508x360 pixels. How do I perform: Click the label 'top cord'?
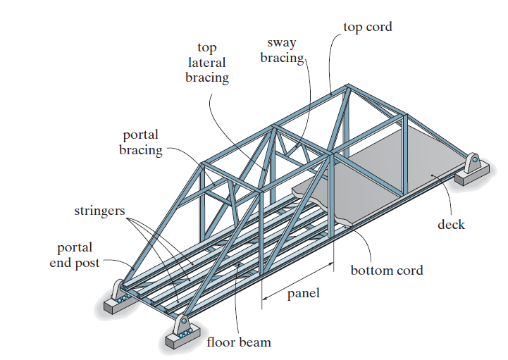(367, 27)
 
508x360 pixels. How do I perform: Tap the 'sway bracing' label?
(281, 51)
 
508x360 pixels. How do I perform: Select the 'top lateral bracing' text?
(207, 63)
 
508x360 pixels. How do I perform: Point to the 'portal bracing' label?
(140, 142)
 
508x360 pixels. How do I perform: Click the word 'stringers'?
(100, 211)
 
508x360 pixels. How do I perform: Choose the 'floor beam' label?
(238, 342)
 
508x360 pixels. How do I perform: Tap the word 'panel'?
(303, 293)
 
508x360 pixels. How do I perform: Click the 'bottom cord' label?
(387, 270)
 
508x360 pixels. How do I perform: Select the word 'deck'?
(451, 225)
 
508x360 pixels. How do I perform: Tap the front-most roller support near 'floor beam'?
(183, 328)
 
